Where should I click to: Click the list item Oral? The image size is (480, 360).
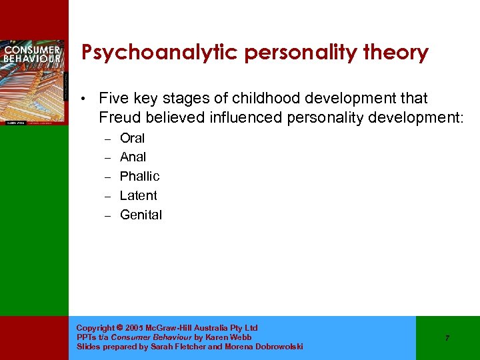click(x=132, y=138)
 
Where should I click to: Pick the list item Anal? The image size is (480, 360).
click(x=133, y=157)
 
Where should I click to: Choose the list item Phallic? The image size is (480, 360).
click(x=139, y=176)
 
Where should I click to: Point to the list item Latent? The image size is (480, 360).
click(x=138, y=195)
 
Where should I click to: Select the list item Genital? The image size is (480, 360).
click(x=141, y=215)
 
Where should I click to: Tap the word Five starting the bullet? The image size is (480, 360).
click(x=113, y=99)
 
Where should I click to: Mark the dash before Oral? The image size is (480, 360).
click(x=106, y=139)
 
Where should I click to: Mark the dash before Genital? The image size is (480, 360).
click(x=106, y=215)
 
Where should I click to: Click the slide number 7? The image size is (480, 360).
click(x=447, y=338)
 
